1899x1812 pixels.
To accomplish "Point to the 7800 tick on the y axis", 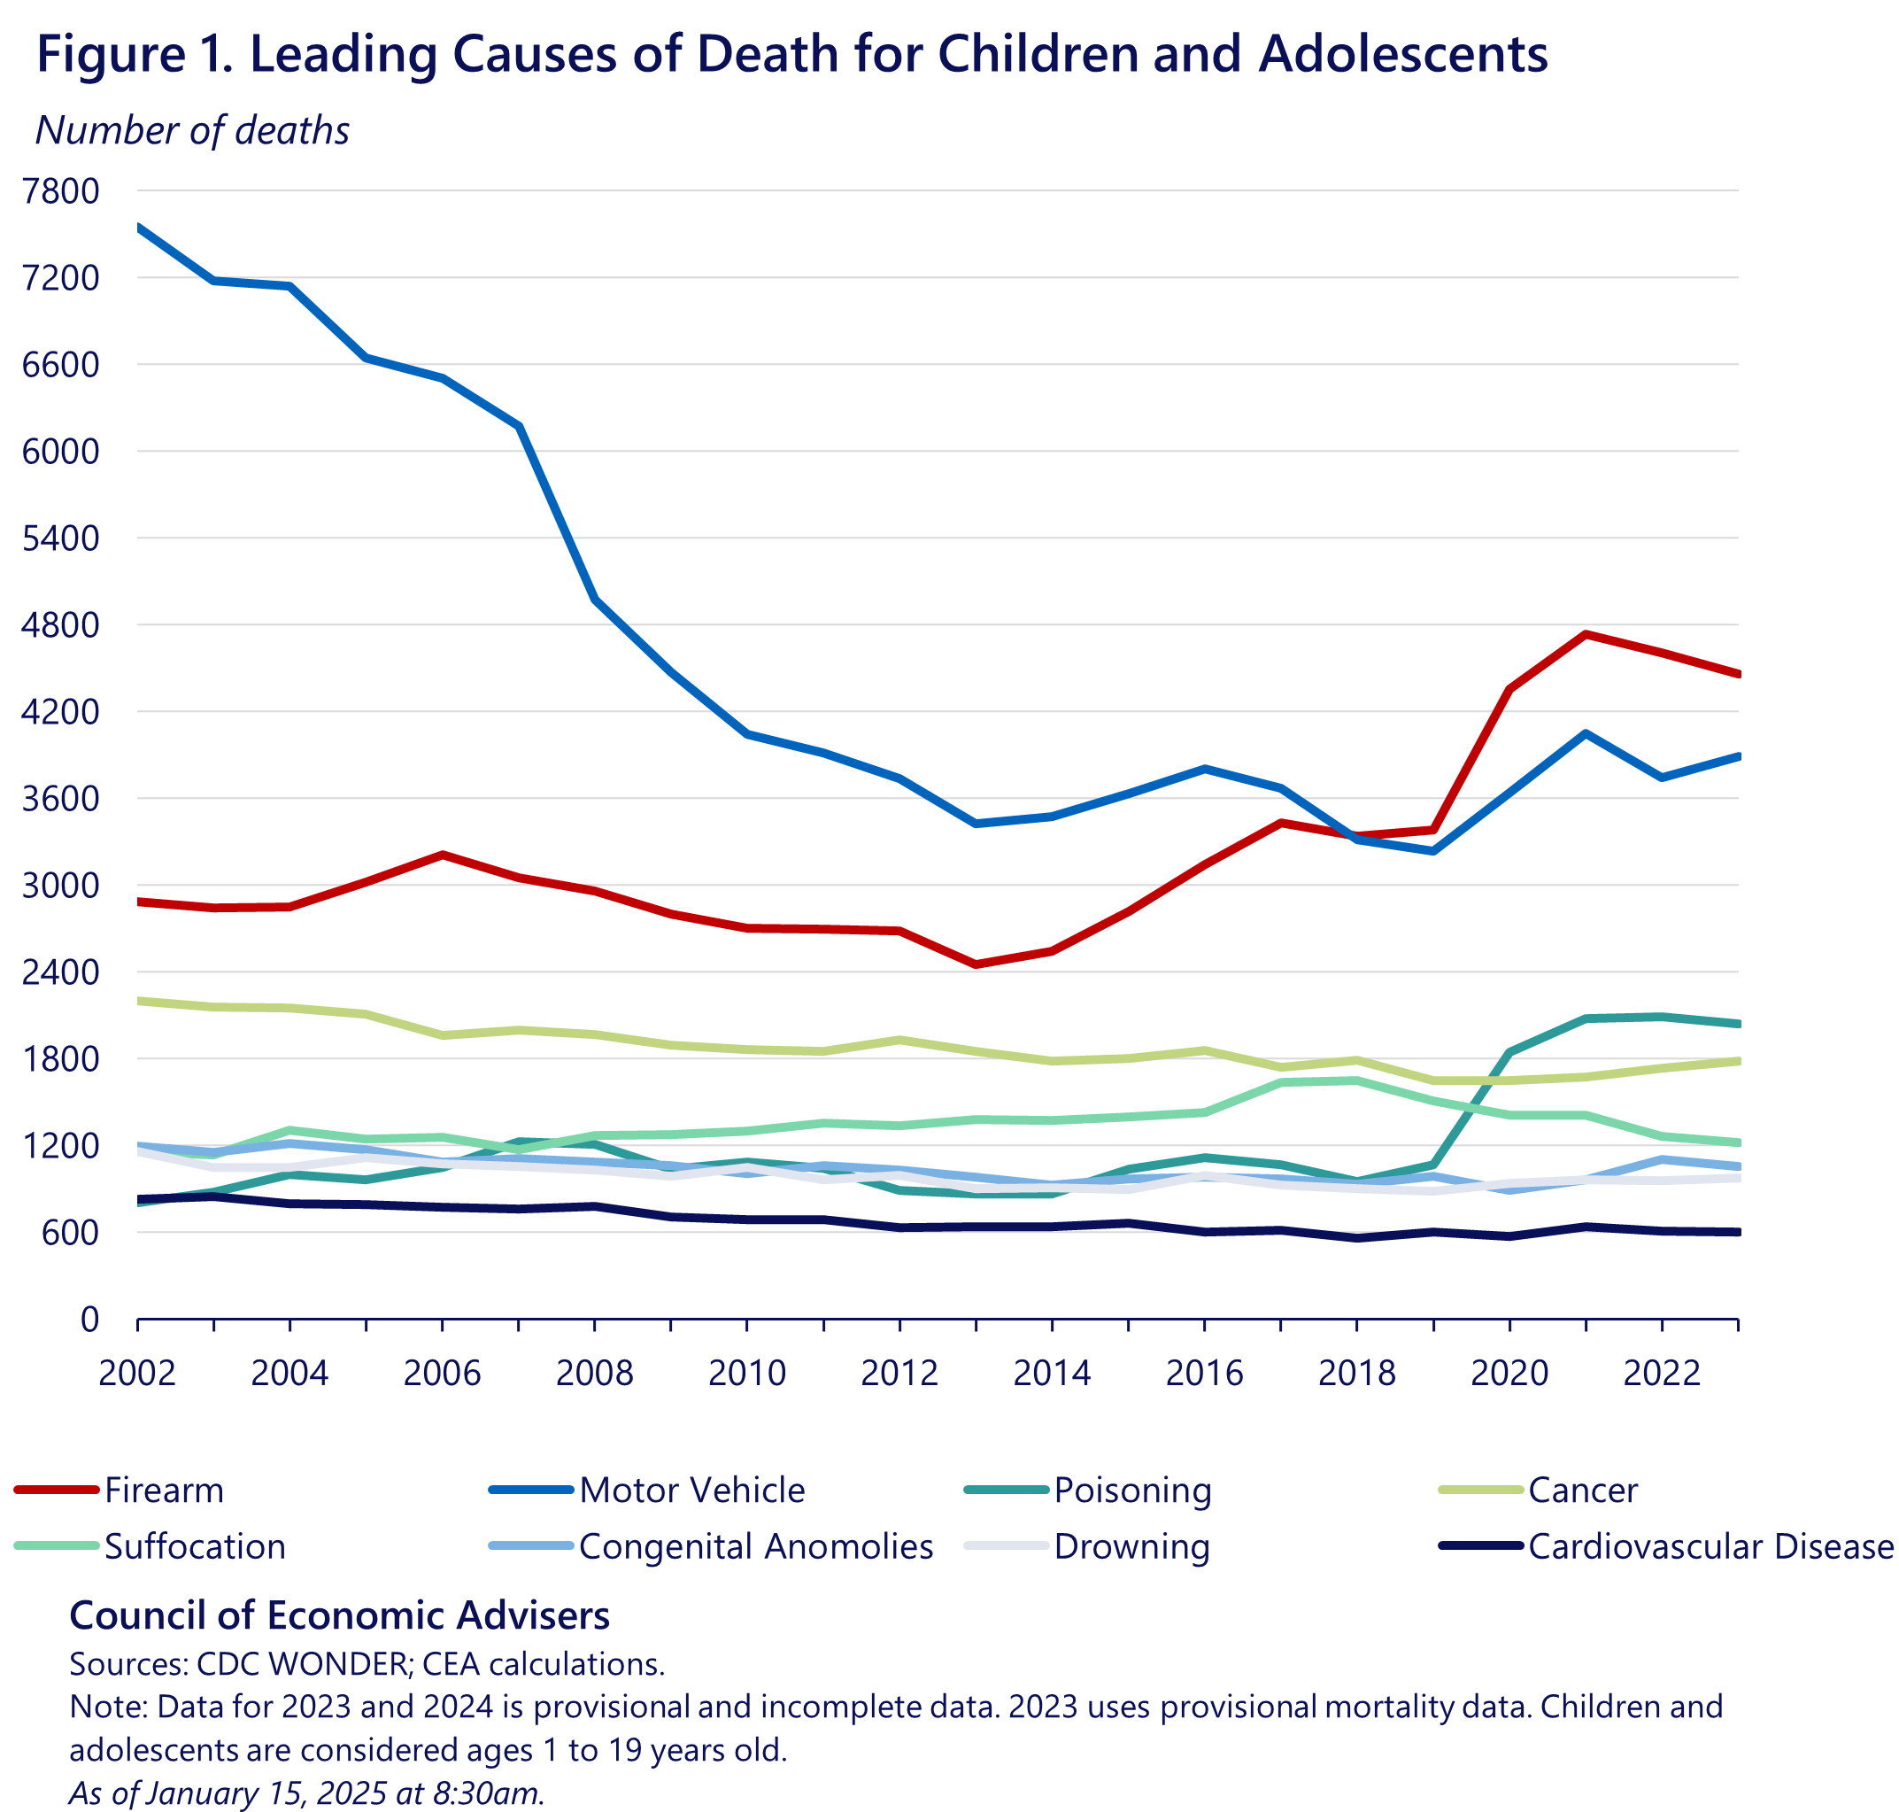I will click(x=61, y=191).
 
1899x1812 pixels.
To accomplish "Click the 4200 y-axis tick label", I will click(x=61, y=712).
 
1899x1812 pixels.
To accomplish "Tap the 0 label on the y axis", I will click(x=89, y=1320).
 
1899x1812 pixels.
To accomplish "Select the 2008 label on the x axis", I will click(x=595, y=1373).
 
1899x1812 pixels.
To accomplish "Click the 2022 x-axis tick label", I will click(x=1662, y=1373).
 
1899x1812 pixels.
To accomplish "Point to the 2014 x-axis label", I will click(x=1052, y=1373).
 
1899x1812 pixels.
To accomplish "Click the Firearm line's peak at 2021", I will click(x=1586, y=633).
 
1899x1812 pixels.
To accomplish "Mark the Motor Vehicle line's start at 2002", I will click(x=139, y=227).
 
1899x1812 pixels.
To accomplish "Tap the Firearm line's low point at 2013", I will click(x=976, y=964).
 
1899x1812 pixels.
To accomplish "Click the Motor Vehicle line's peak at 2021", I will click(x=1586, y=734).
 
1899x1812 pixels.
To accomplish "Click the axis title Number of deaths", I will click(x=192, y=130).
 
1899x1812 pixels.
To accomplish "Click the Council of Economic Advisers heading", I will click(x=339, y=1615).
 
